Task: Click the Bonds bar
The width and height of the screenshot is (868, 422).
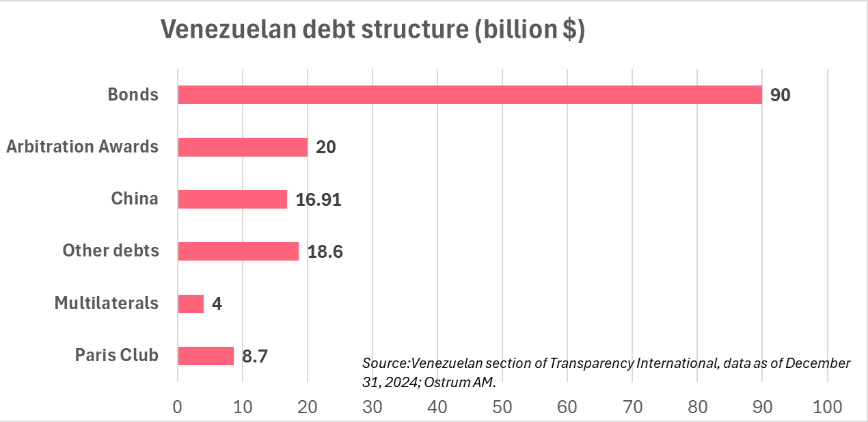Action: pyautogui.click(x=470, y=94)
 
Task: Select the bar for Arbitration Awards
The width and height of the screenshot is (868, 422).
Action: pyautogui.click(x=243, y=147)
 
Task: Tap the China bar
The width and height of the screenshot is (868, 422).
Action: pyautogui.click(x=232, y=199)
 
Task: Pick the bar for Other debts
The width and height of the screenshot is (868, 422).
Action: pyautogui.click(x=238, y=251)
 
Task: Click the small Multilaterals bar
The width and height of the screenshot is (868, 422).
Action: pyautogui.click(x=191, y=304)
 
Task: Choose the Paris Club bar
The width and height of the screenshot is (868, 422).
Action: pyautogui.click(x=206, y=356)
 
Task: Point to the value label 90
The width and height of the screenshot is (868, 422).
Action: pyautogui.click(x=780, y=95)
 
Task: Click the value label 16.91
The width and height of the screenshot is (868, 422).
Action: pyautogui.click(x=318, y=200)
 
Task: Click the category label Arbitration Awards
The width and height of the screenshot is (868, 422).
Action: pyautogui.click(x=82, y=146)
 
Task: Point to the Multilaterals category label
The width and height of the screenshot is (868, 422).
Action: pyautogui.click(x=106, y=303)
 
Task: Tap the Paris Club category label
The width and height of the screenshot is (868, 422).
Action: pyautogui.click(x=116, y=355)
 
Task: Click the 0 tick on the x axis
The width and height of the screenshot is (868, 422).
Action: pyautogui.click(x=178, y=406)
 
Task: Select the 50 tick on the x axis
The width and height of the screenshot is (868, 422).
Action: pyautogui.click(x=502, y=406)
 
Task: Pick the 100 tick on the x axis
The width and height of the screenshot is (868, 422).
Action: pyautogui.click(x=827, y=406)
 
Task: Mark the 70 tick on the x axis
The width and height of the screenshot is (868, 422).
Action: pyautogui.click(x=632, y=406)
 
